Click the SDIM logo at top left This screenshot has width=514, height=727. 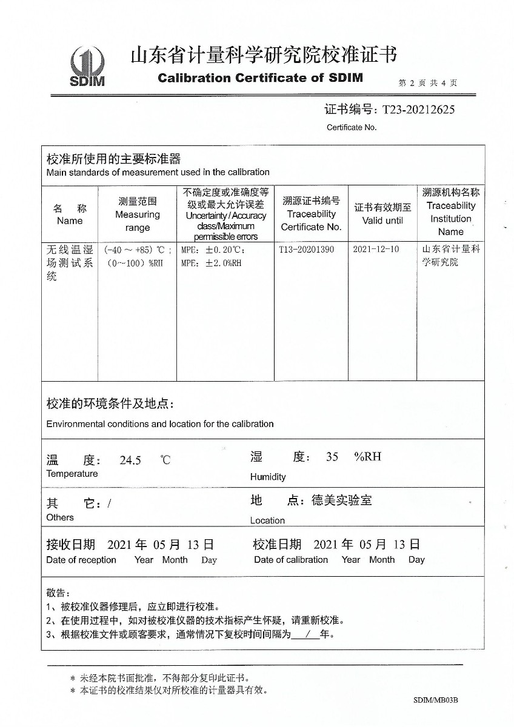click(x=87, y=67)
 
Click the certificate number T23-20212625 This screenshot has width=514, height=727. click(x=416, y=110)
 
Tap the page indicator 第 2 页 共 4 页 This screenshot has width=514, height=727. click(x=427, y=83)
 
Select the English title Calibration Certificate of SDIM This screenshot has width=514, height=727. click(x=260, y=78)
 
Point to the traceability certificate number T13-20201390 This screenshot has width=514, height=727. click(x=306, y=250)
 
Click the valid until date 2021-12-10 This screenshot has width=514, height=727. click(x=376, y=250)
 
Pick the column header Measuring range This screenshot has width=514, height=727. click(x=138, y=214)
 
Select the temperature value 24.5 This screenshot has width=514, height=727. click(x=130, y=460)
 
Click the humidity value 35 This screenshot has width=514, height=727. click(x=332, y=457)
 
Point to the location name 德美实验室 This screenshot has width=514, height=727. click(x=341, y=500)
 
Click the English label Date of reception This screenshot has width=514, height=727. click(x=81, y=560)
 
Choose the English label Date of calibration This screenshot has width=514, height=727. click(x=291, y=560)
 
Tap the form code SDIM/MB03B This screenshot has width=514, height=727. click(x=435, y=700)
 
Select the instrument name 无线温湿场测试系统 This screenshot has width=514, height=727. click(x=70, y=263)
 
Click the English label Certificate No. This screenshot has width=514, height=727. click(x=352, y=127)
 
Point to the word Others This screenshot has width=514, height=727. click(x=60, y=517)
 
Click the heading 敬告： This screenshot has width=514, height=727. click(x=58, y=593)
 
